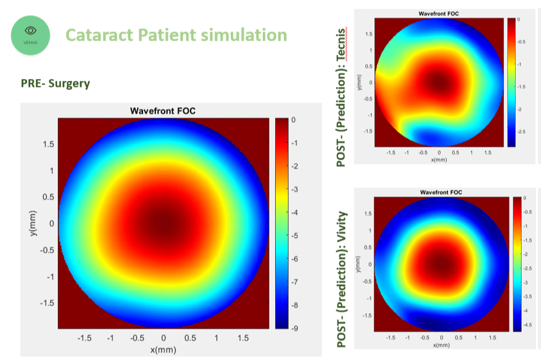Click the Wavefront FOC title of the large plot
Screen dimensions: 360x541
pos(163,112)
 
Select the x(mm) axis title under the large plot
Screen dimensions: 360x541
pos(163,350)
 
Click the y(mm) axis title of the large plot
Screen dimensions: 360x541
pos(35,223)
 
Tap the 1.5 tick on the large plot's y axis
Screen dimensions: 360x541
pos(48,144)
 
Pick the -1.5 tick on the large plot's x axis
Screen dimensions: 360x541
pos(84,338)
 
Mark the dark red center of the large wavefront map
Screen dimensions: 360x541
pos(163,223)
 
